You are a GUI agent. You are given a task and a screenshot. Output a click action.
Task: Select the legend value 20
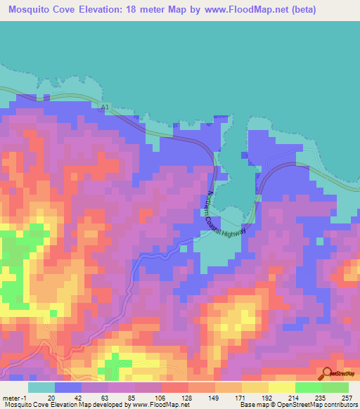pyautogui.click(x=41, y=397)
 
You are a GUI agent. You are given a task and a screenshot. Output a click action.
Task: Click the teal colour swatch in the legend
pyautogui.click(x=41, y=387)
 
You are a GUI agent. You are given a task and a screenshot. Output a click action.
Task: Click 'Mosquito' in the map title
pyautogui.click(x=33, y=10)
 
